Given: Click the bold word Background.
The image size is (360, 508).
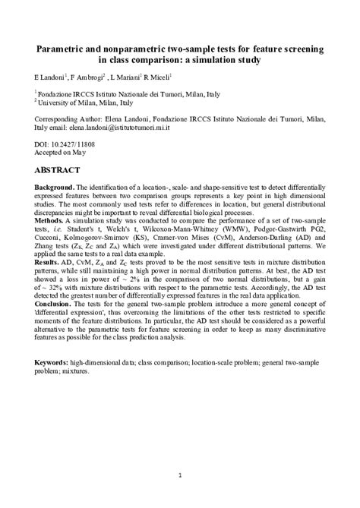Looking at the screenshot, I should (54, 187).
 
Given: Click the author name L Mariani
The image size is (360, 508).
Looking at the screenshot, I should (125, 77).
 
